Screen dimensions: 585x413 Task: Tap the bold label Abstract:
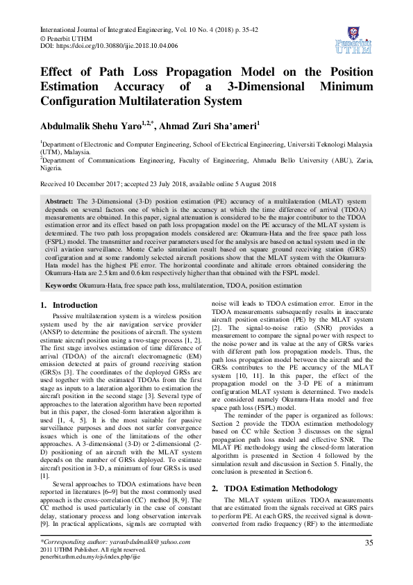[x=60, y=199]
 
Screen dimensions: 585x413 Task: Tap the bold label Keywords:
[x=62, y=285]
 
